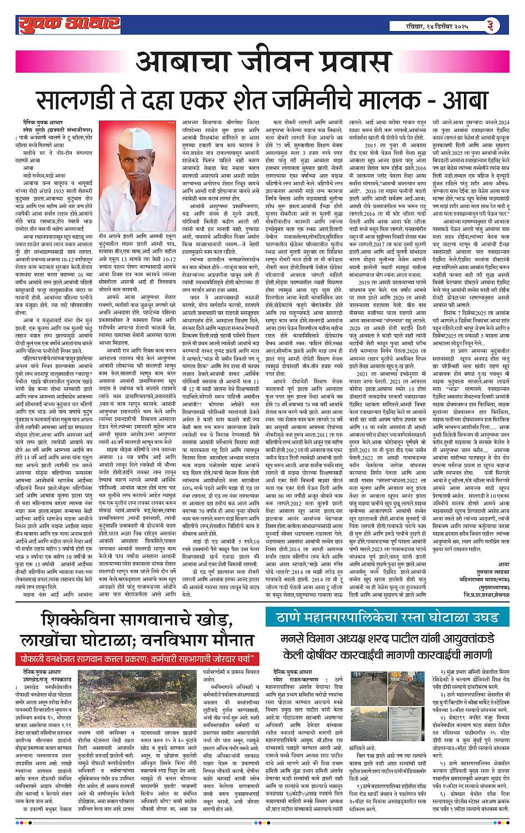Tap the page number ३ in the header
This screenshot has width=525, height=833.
click(488, 24)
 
